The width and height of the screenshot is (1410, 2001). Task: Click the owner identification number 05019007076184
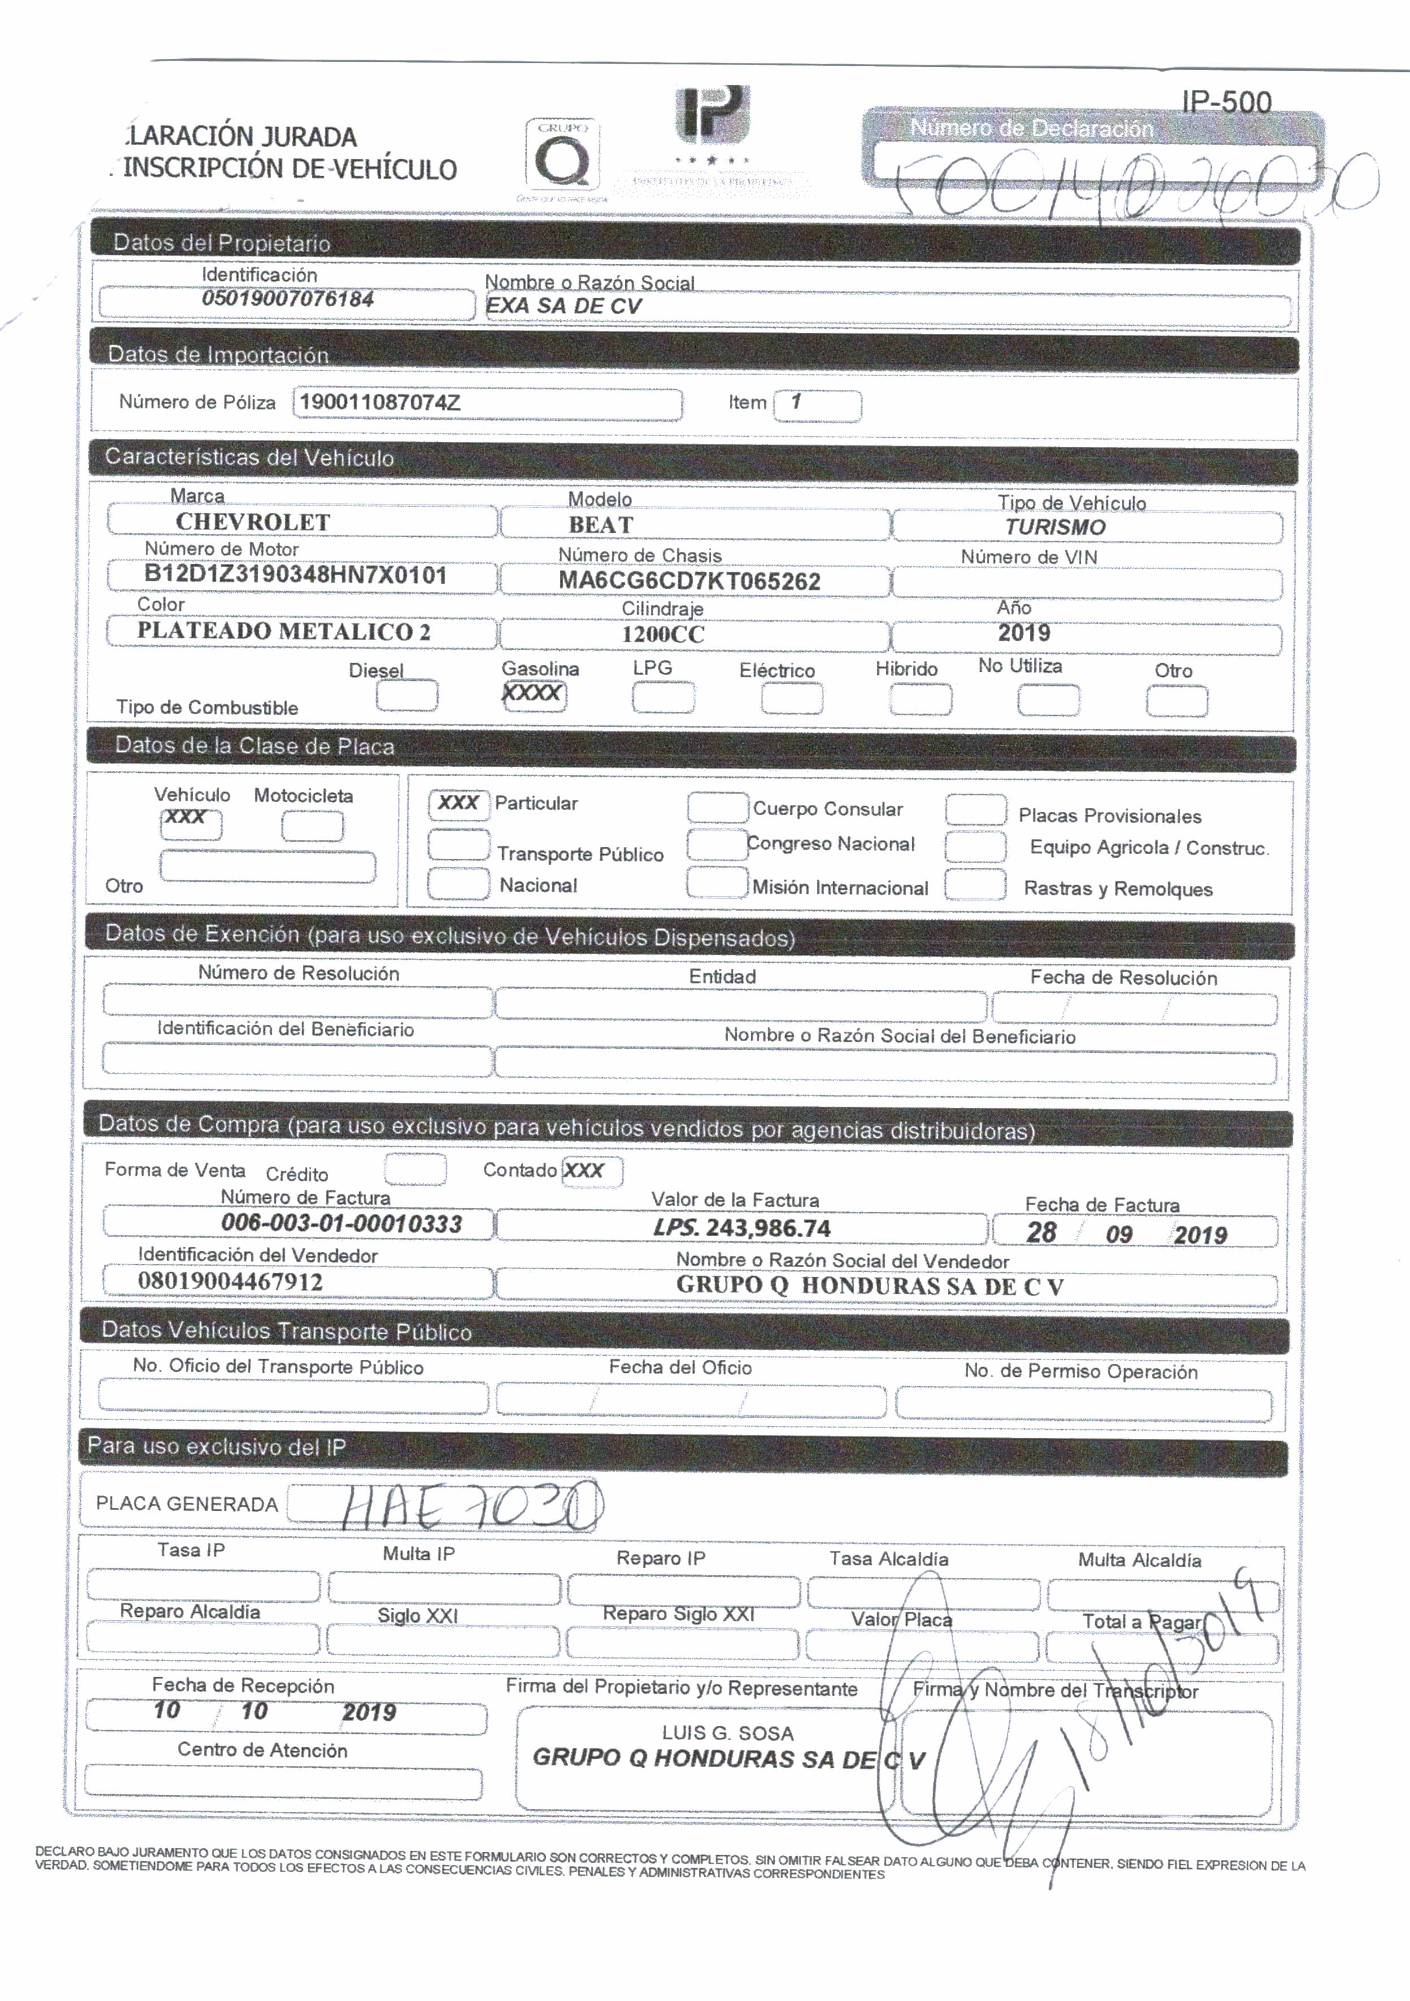pyautogui.click(x=288, y=299)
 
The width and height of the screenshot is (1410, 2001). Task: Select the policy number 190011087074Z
pyautogui.click(x=380, y=403)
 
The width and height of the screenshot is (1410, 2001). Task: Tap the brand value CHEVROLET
pyautogui.click(x=253, y=522)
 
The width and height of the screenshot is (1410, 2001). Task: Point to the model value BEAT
pyautogui.click(x=600, y=525)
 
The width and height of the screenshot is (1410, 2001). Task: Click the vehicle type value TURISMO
pyautogui.click(x=1055, y=527)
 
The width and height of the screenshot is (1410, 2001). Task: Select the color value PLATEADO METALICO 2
pyautogui.click(x=283, y=632)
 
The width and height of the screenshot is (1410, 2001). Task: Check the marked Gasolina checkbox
pyautogui.click(x=533, y=695)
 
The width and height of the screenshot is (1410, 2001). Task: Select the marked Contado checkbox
pyautogui.click(x=591, y=1171)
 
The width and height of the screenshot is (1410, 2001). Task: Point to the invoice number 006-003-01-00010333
pyautogui.click(x=342, y=1224)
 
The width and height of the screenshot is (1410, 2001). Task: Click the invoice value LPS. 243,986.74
pyautogui.click(x=742, y=1228)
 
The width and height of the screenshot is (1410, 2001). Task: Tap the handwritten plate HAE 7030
pyautogui.click(x=471, y=1506)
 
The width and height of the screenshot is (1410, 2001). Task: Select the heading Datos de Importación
pyautogui.click(x=218, y=355)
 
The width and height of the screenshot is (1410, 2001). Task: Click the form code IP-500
pyautogui.click(x=1226, y=102)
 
